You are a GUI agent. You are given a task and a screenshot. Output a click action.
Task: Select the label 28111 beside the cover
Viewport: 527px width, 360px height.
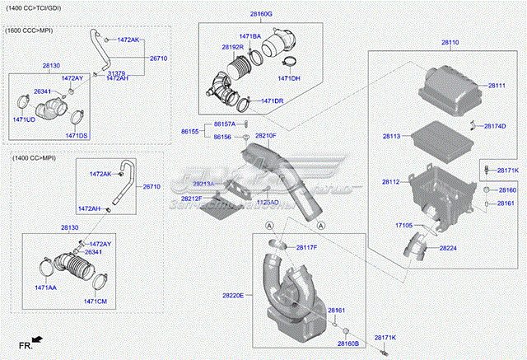[497, 86]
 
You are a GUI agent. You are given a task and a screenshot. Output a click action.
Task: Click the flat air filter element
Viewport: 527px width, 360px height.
[441, 135]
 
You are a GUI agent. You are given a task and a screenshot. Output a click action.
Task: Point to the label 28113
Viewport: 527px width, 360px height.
[391, 136]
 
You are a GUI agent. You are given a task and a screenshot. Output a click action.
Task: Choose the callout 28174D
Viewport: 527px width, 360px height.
[495, 126]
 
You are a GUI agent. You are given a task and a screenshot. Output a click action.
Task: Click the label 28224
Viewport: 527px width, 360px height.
[449, 248]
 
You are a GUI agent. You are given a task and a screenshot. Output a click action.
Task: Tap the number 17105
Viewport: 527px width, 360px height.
[403, 225]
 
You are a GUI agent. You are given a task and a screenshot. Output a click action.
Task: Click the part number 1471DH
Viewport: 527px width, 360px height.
[288, 78]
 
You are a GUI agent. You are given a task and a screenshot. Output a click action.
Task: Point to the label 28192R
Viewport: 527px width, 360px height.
[232, 47]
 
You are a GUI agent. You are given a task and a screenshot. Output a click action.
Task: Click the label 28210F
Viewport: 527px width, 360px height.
[265, 135]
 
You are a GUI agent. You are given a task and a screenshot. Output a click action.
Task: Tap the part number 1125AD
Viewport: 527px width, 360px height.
[268, 202]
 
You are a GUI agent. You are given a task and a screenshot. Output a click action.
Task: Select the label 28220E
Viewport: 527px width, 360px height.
[233, 295]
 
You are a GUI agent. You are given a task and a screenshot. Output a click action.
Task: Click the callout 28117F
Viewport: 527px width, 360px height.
[306, 248]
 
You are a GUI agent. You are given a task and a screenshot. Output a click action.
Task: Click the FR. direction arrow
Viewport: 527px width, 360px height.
[30, 341]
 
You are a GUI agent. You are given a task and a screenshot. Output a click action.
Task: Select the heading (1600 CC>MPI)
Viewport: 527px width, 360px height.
[30, 30]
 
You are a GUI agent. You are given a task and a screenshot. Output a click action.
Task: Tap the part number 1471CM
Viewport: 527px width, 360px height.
[96, 302]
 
